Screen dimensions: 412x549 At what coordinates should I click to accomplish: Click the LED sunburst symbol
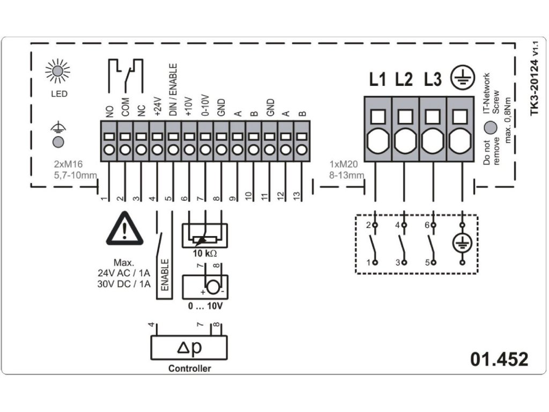click(57, 71)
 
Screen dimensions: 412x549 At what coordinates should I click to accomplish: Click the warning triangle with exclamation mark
click(124, 231)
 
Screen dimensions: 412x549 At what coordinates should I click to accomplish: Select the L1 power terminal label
click(377, 80)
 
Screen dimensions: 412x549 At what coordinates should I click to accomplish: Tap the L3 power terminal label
click(432, 80)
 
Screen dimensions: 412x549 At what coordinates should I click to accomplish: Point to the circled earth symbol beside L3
click(460, 79)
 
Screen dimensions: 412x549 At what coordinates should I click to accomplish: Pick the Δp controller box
click(189, 348)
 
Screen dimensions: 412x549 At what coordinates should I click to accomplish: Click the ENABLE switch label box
click(164, 276)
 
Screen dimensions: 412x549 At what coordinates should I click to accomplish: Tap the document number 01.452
click(499, 359)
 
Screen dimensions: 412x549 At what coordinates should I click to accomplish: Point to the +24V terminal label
click(158, 107)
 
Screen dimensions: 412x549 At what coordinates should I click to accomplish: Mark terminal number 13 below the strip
click(296, 197)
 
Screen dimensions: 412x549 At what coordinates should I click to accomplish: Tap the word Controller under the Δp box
click(189, 369)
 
